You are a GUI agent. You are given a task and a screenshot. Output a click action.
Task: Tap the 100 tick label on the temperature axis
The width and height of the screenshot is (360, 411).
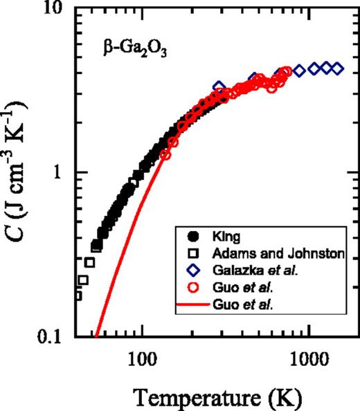[141, 356]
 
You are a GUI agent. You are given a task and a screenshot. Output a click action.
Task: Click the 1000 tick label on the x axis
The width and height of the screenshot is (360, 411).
[308, 356]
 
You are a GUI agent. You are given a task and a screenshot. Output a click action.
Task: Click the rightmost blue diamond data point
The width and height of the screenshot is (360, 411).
[337, 68]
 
